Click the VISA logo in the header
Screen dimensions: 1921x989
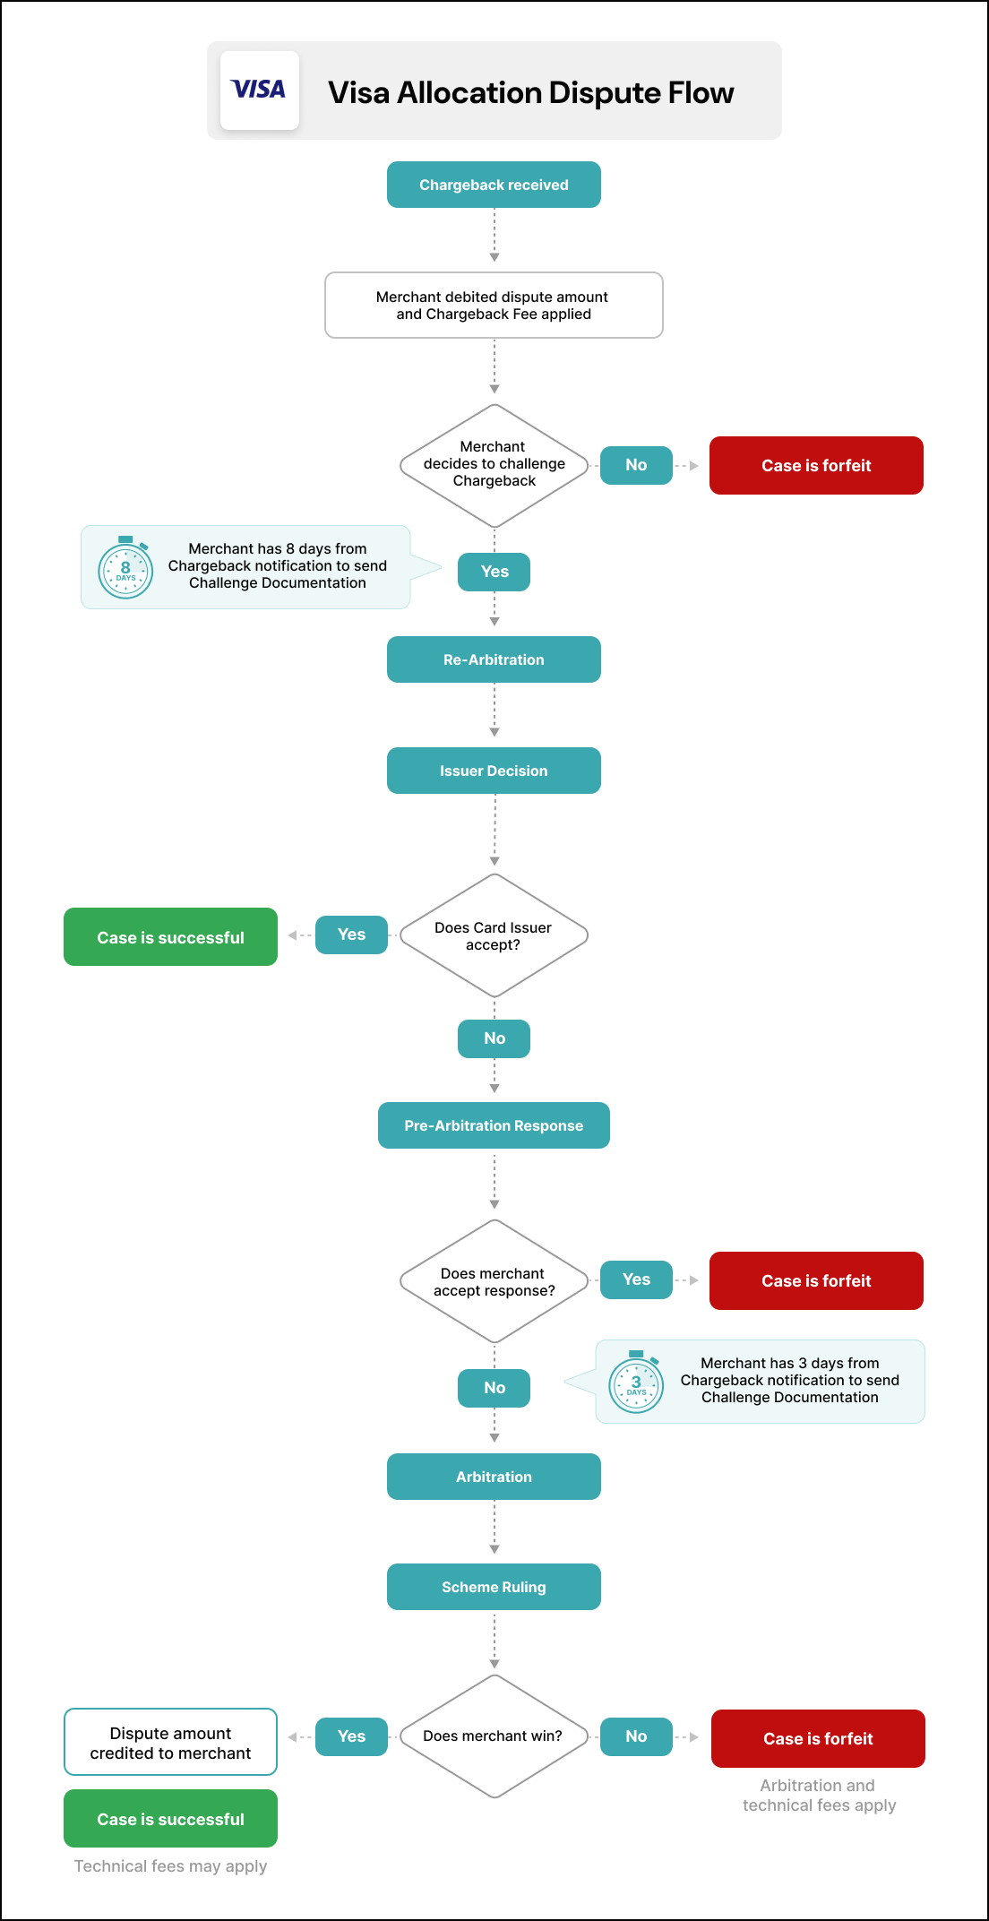point(259,90)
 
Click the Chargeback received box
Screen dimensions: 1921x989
point(494,185)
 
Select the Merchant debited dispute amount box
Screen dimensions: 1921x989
point(494,306)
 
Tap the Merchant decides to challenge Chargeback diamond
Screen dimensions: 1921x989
point(494,465)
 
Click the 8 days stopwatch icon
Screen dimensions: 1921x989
point(125,567)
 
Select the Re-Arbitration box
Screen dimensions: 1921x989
point(494,659)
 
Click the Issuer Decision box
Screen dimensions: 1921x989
point(494,771)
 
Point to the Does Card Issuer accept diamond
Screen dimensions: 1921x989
point(494,935)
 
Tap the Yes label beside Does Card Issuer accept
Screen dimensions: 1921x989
point(351,935)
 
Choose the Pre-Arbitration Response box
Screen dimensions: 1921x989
point(494,1125)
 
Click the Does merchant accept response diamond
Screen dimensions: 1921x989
point(494,1281)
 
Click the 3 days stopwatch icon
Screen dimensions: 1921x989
point(636,1383)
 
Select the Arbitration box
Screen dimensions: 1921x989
point(494,1477)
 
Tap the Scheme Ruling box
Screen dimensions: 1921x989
point(494,1587)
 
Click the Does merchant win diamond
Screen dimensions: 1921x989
point(494,1736)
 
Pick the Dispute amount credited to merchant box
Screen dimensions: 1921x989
point(170,1743)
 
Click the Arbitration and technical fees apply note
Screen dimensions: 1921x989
point(819,1796)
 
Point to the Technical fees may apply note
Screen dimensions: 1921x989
point(170,1866)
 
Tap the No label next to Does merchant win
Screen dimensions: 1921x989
point(636,1736)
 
